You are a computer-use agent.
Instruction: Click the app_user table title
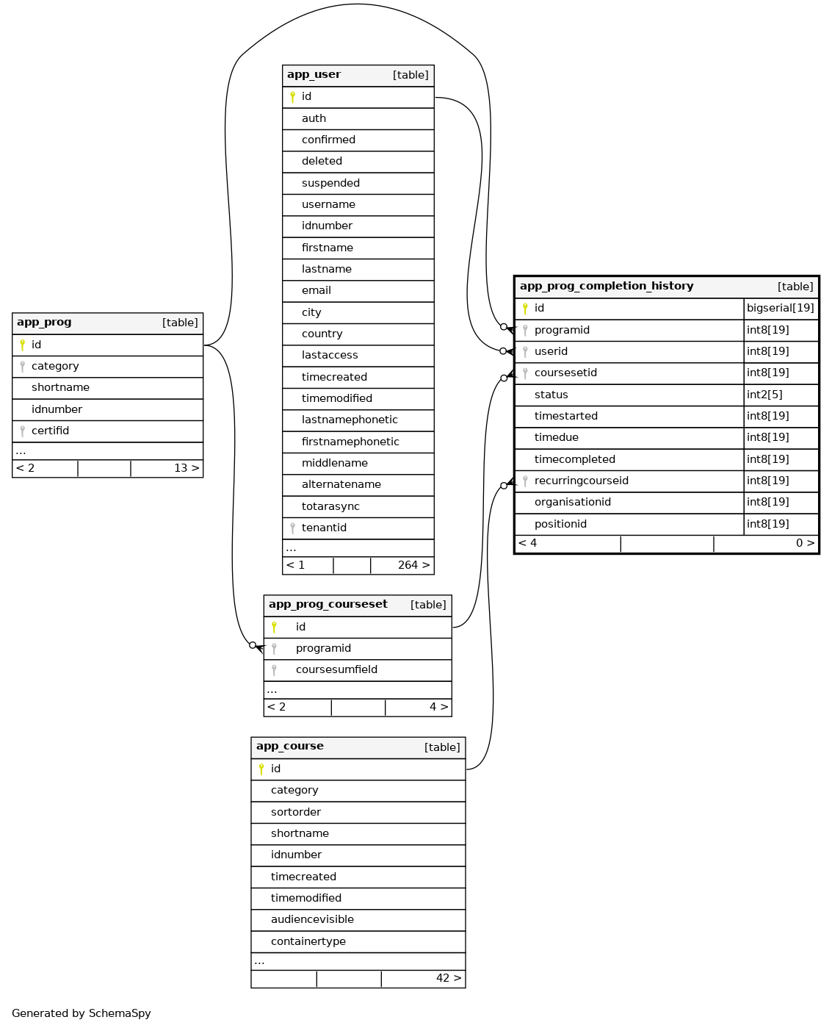314,75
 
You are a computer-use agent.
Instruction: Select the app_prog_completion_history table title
607,287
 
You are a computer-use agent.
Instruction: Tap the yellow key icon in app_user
292,97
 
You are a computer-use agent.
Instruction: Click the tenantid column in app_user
324,528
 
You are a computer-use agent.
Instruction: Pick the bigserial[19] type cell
780,308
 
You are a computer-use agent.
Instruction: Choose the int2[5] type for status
764,395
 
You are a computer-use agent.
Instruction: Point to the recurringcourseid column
581,481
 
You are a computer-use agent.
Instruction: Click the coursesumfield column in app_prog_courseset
336,669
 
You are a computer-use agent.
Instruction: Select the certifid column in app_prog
50,431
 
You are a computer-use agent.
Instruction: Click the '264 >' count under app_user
413,565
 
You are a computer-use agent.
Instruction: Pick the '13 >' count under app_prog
187,468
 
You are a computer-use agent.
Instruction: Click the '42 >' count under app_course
449,978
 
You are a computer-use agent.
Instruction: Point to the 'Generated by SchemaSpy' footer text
82,1013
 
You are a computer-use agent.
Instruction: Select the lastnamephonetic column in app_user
350,420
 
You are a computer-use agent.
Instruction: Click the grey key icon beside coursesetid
525,373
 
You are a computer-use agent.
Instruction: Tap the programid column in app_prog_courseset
323,648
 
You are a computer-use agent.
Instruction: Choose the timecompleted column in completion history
574,459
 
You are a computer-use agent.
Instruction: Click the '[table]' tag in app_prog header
180,323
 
